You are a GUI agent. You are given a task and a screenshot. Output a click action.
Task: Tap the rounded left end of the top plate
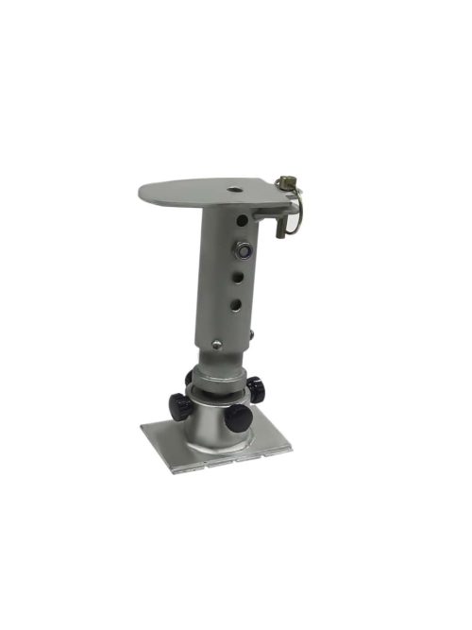144,193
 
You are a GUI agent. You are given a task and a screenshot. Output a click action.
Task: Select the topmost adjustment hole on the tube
244,220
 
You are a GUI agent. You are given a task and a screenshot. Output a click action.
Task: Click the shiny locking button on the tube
244,251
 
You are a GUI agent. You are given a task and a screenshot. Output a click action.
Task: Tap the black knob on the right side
256,387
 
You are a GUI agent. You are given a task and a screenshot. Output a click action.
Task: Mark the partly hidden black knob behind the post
189,379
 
